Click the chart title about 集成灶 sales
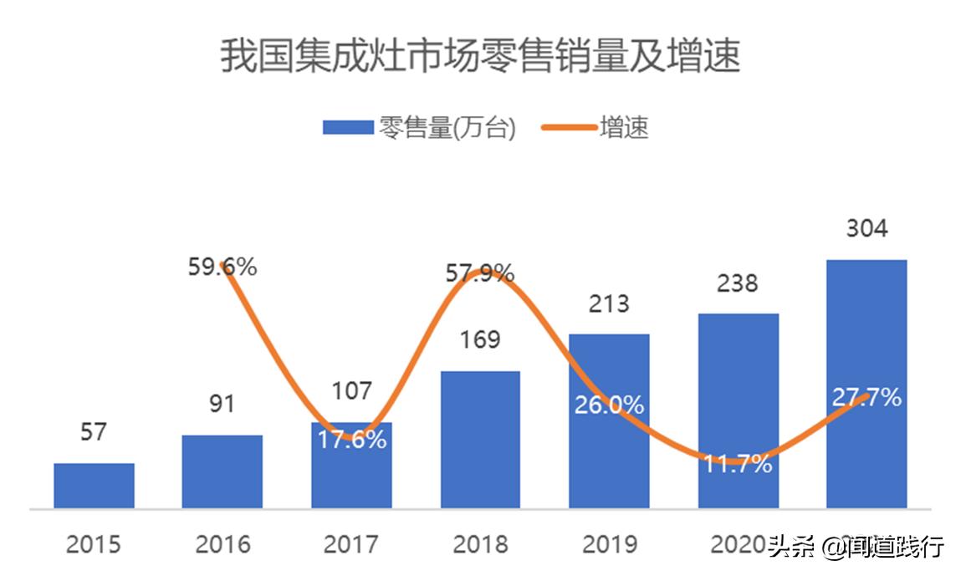click(x=480, y=57)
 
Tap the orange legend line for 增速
click(x=569, y=128)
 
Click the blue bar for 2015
click(x=95, y=486)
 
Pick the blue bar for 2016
click(x=222, y=472)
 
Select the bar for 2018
click(x=480, y=440)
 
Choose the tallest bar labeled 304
click(x=866, y=384)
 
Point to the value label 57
click(x=95, y=432)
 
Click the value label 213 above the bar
click(x=609, y=303)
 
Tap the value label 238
click(x=738, y=283)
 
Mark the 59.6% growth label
click(x=222, y=268)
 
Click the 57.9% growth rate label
click(x=479, y=273)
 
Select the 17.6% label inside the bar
click(x=352, y=439)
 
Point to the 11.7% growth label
click(x=737, y=464)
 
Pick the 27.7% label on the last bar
click(x=866, y=397)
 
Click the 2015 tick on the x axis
click(x=94, y=545)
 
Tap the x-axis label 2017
click(x=351, y=545)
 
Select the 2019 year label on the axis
click(x=609, y=545)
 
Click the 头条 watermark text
click(x=791, y=547)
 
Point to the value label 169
click(x=480, y=340)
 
